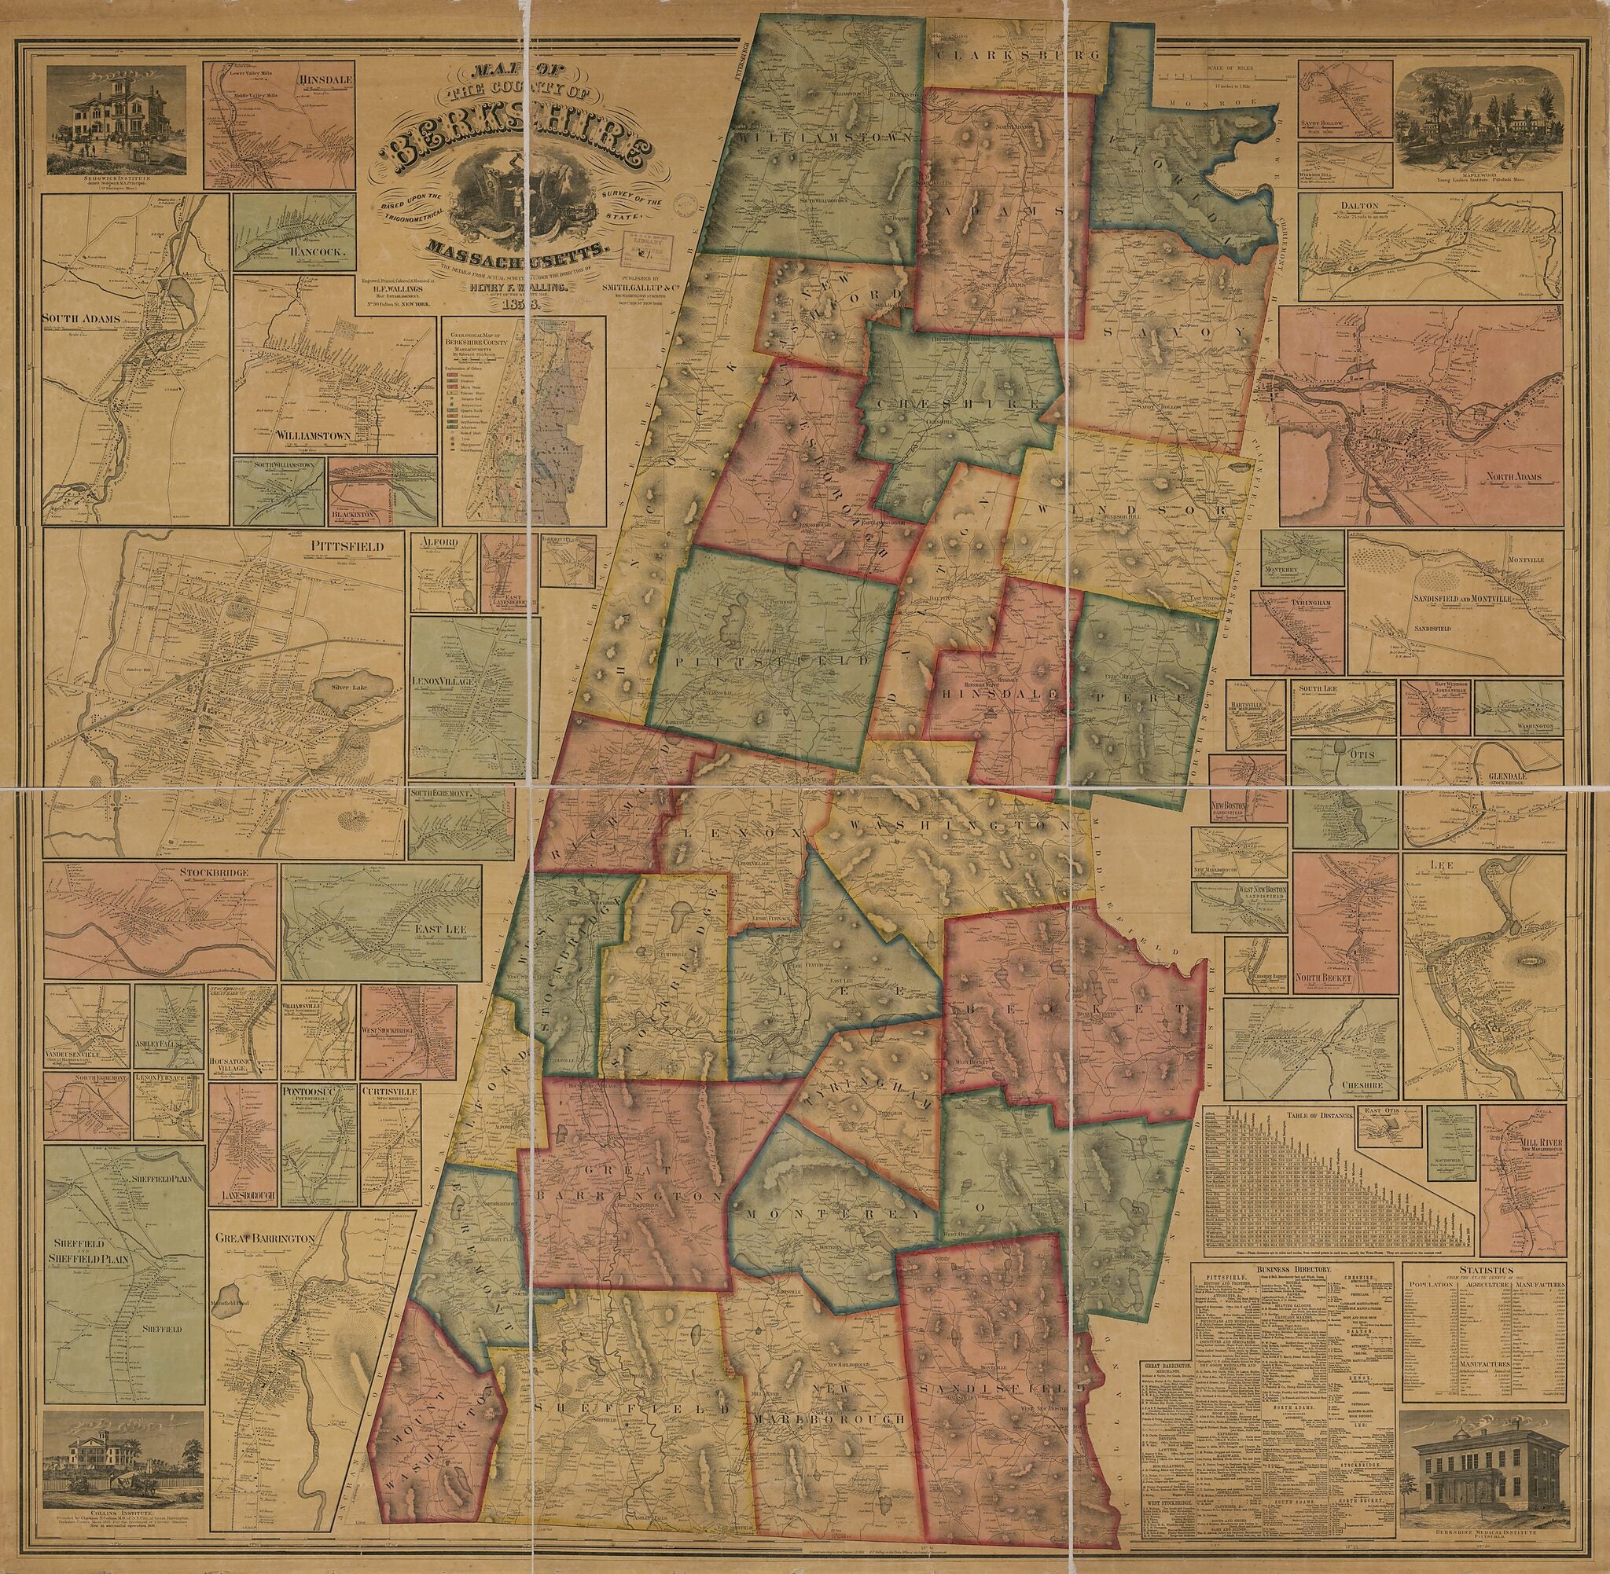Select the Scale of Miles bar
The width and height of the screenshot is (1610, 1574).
tap(1224, 75)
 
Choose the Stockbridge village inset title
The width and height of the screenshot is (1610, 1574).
tap(215, 871)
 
